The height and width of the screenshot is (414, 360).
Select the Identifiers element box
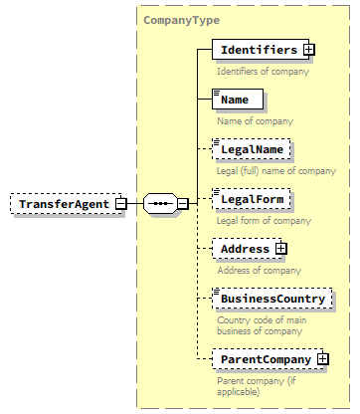[x=258, y=50]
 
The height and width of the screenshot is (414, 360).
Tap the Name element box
[x=238, y=100]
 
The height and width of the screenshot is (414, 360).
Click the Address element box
[x=244, y=249]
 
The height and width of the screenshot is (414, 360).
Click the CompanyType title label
[x=181, y=19]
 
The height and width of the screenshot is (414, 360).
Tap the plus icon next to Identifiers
[x=309, y=49]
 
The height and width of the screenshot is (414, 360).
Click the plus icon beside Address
[x=281, y=249]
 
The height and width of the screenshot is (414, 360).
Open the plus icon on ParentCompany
[x=323, y=357]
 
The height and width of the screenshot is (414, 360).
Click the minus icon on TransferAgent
[x=120, y=204]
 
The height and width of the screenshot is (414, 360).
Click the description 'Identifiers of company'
[x=263, y=71]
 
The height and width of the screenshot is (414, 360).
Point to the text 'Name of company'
[x=254, y=120]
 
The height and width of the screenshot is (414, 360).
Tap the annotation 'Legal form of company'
[x=264, y=220]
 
